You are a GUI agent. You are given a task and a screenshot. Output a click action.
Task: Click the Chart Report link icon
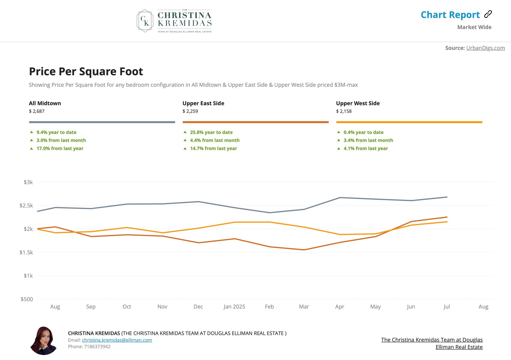coord(488,14)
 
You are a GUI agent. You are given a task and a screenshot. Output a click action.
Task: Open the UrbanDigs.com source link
coord(485,48)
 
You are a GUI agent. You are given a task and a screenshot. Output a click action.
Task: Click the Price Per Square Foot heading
coord(86,71)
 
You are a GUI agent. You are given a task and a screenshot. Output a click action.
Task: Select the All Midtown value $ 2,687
coord(37,111)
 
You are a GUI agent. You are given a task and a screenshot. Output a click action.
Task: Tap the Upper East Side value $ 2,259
coord(190,111)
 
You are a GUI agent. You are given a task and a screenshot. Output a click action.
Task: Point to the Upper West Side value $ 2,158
coord(344,111)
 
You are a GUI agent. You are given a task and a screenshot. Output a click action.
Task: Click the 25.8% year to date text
coord(211,132)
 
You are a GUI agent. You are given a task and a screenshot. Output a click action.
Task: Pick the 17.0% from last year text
coord(60,148)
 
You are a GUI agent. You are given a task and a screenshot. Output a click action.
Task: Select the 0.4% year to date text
coord(363,132)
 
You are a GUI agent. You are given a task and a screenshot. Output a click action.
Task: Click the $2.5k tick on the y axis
coord(26,206)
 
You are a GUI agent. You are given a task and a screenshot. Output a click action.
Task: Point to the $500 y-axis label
coord(27,299)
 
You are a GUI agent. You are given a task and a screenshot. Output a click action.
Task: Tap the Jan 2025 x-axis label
coord(234,306)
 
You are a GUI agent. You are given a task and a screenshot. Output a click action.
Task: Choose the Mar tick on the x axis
coord(304,306)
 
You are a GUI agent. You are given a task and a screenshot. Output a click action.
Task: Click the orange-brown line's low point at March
coord(304,250)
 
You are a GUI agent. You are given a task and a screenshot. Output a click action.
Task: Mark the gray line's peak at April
coord(340,198)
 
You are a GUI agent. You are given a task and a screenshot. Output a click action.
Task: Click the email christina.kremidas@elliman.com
coord(117,340)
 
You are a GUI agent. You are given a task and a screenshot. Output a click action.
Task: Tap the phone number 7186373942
coord(97,346)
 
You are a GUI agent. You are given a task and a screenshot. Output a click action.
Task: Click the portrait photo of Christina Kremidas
coord(44,341)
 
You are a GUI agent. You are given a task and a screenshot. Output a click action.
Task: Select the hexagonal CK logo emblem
coord(145,21)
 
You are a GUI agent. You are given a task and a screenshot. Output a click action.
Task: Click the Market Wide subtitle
coord(474,27)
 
